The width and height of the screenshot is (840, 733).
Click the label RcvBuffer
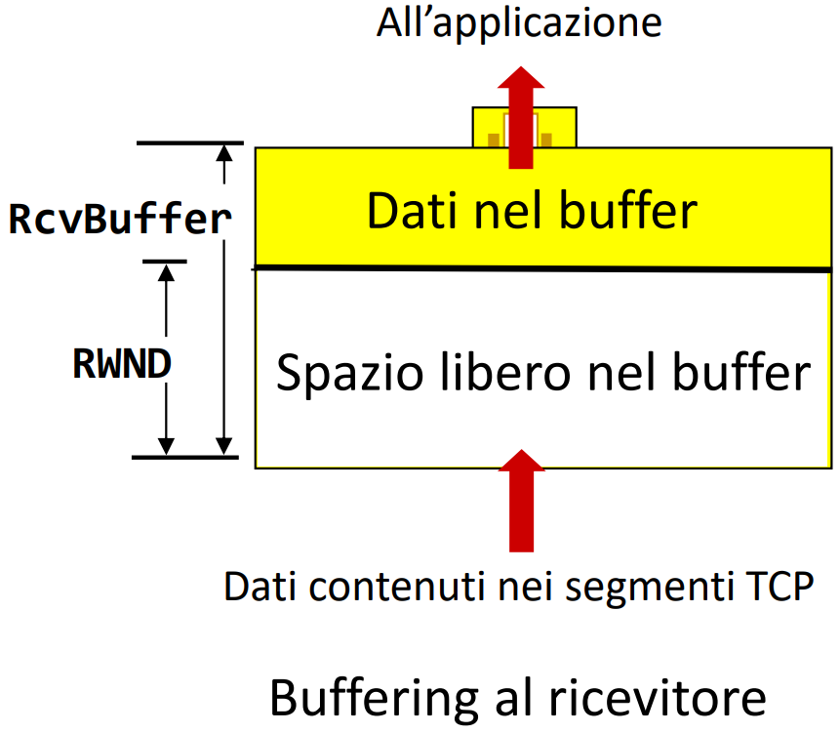pos(119,220)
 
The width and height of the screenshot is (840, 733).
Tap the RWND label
pos(122,363)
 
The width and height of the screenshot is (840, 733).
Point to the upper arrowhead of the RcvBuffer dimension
pos(226,153)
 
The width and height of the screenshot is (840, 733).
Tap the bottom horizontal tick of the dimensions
pos(184,456)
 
